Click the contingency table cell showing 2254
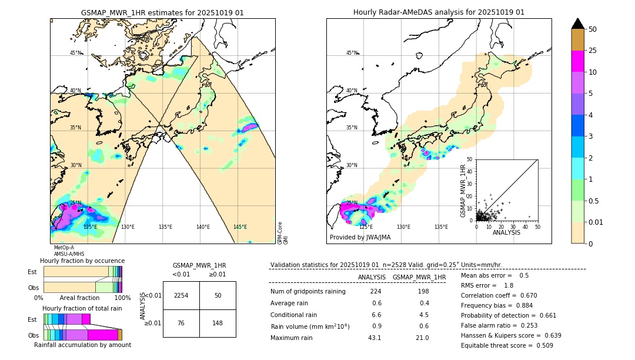(x=181, y=295)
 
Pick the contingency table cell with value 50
(x=218, y=295)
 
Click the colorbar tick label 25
(x=593, y=51)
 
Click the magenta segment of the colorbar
(x=577, y=62)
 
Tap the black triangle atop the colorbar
(x=577, y=24)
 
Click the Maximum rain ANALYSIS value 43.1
(x=375, y=338)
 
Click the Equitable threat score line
(x=507, y=345)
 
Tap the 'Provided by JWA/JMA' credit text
(x=360, y=237)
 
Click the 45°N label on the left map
(x=76, y=53)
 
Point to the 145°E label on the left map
(x=240, y=227)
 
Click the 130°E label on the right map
(x=403, y=227)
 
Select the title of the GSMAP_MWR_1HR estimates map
(x=162, y=12)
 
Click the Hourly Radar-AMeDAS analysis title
(x=439, y=12)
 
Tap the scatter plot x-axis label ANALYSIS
(x=506, y=232)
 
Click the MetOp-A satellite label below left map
(x=63, y=248)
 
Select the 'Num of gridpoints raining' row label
(x=308, y=291)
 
